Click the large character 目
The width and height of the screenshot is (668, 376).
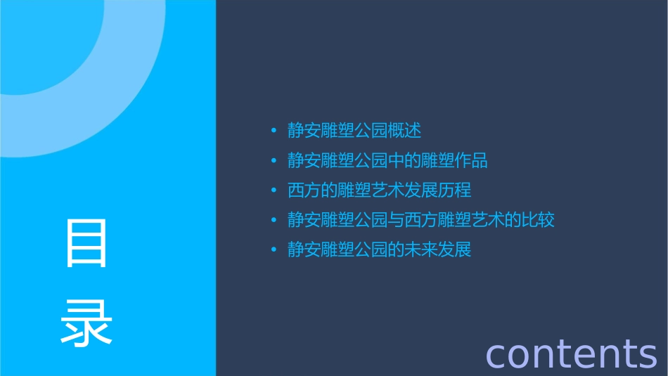(x=86, y=243)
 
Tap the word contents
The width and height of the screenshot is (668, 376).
(x=571, y=353)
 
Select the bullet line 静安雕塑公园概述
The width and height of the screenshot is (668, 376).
(x=354, y=131)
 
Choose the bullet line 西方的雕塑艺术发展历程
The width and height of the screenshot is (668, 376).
(x=379, y=190)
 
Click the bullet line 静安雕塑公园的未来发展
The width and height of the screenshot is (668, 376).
(x=379, y=249)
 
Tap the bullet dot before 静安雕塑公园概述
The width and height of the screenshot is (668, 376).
(x=274, y=131)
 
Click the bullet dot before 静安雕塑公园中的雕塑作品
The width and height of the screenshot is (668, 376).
(x=274, y=161)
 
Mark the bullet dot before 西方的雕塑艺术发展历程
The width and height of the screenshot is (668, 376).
(x=274, y=190)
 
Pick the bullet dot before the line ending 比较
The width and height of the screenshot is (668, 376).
(x=274, y=220)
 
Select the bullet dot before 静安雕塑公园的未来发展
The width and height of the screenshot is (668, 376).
(x=274, y=250)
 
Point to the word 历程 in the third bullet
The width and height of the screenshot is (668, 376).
(x=454, y=190)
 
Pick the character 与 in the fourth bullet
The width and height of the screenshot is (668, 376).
(x=396, y=220)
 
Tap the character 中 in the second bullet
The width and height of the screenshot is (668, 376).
(x=396, y=160)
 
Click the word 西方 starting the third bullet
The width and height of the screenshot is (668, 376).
(x=304, y=190)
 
